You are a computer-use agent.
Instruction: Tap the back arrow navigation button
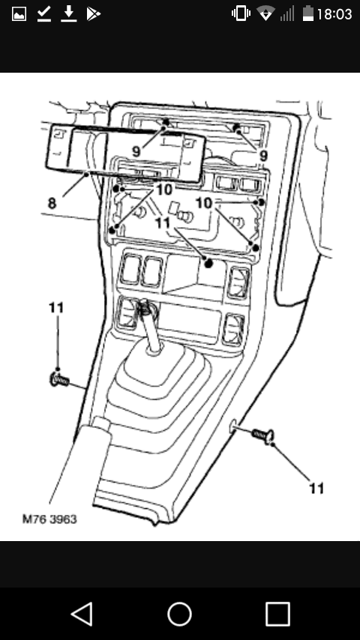82,614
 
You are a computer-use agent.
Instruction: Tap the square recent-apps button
277,614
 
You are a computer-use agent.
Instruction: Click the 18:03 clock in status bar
334,14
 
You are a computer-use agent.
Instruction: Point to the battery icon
307,13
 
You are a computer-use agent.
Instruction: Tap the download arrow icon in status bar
69,14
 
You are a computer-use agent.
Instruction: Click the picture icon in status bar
19,14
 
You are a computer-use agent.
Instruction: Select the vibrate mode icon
241,13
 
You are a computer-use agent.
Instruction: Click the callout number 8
52,203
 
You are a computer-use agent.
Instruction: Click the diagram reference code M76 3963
49,519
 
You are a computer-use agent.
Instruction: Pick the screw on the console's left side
58,381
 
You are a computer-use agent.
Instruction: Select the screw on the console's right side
263,435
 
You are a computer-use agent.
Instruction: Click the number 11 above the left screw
56,307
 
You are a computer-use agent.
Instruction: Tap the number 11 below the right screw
316,488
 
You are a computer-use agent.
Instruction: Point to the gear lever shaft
149,329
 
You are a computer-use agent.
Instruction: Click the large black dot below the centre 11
208,263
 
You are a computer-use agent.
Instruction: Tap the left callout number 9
136,152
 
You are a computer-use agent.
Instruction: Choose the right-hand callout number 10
204,203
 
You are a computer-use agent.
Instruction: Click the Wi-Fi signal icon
265,14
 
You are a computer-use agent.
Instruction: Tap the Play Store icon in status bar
94,14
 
